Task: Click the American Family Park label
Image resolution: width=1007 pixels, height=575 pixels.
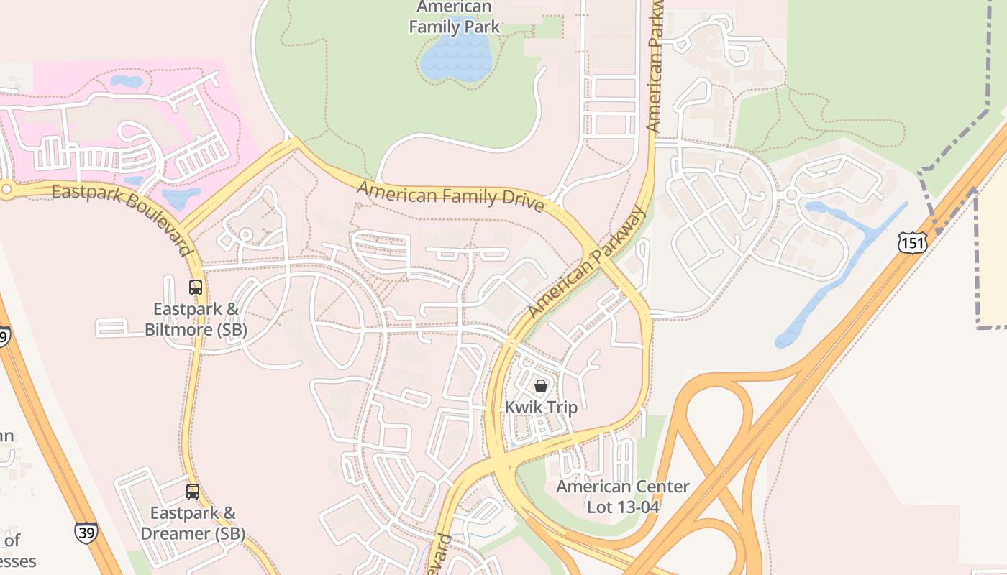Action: click(x=454, y=17)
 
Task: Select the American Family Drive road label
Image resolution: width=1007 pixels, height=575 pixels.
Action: click(x=450, y=195)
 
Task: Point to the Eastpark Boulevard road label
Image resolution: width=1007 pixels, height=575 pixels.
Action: click(x=122, y=216)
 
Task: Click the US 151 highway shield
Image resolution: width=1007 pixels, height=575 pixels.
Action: click(x=911, y=243)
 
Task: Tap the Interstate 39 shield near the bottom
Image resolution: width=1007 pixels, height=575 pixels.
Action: click(x=86, y=533)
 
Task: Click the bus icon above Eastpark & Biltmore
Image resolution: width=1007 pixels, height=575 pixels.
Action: click(x=196, y=287)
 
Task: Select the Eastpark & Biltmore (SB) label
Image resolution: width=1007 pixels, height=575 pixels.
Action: click(x=196, y=320)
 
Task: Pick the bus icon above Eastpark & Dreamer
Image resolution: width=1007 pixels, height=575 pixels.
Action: click(x=193, y=492)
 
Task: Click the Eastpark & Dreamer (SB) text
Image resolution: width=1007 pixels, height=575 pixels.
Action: click(x=193, y=523)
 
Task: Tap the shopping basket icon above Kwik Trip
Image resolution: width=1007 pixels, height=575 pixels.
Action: click(x=541, y=386)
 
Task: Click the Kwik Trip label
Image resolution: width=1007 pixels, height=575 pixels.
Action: click(x=541, y=408)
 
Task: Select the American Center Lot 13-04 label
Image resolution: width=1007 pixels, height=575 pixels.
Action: click(x=622, y=497)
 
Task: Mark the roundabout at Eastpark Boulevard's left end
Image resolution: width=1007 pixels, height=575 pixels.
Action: click(x=6, y=189)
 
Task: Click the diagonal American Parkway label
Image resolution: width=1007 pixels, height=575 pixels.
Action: click(x=586, y=263)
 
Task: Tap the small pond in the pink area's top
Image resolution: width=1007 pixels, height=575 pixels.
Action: click(x=126, y=81)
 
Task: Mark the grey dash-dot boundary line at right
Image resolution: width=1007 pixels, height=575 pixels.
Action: click(x=978, y=252)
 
